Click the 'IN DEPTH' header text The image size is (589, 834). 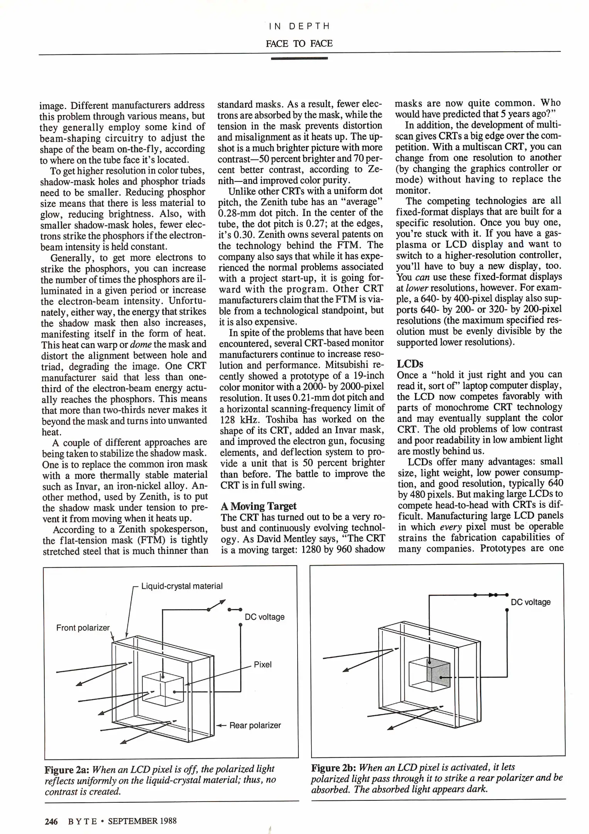pos(299,26)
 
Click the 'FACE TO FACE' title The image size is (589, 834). pos(299,43)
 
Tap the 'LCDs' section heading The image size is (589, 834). pos(410,364)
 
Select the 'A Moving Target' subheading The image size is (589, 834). pos(258,506)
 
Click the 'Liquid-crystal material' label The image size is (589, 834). pos(182,586)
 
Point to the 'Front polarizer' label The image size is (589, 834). pos(83,628)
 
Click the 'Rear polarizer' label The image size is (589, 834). pos(255,725)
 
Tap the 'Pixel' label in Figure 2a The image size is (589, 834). pos(262,664)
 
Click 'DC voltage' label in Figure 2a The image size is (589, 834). pos(264,617)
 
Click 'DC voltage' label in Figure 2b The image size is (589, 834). pos(530,602)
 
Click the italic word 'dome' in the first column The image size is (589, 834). pos(140,344)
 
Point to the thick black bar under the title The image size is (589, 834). pos(299,58)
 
